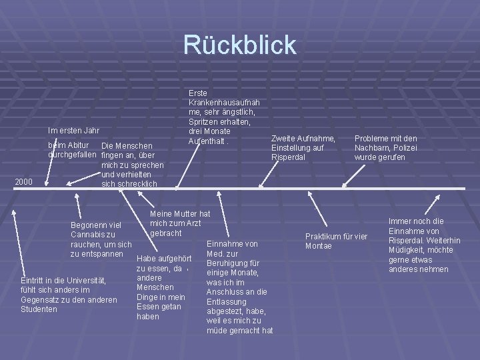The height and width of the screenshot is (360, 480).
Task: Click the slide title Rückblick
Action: point(240,45)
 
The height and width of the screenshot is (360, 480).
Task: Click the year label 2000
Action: point(24,181)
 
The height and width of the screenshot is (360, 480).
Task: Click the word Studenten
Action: point(39,309)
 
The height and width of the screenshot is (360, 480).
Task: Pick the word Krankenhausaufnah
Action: point(224,103)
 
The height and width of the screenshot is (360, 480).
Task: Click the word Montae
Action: point(319,246)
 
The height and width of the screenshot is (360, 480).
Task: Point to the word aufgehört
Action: point(174,259)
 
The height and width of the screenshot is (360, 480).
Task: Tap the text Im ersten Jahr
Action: point(74,130)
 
